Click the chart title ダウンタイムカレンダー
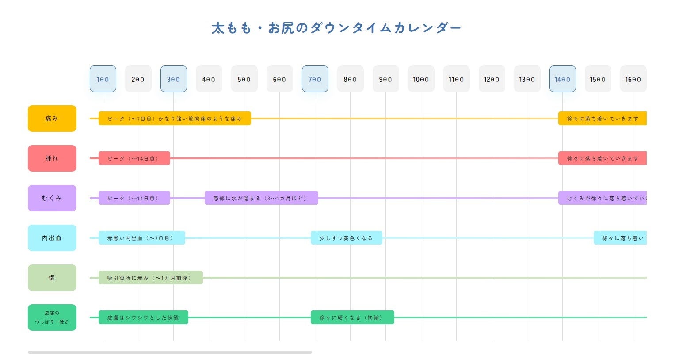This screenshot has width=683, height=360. point(336,28)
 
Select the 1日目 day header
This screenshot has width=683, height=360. point(103,79)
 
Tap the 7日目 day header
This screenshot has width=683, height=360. point(315,79)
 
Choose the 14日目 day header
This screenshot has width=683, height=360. point(562,79)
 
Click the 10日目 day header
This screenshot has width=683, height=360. point(421,79)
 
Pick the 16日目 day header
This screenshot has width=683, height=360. point(633,79)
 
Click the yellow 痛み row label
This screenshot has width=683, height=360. point(52,119)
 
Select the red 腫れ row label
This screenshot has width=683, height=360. point(52,158)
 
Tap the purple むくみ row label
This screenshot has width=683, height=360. point(52,198)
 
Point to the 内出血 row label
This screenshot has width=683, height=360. point(52,238)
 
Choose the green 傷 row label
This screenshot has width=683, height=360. point(52,278)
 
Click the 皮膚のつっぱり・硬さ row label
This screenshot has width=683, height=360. point(52,318)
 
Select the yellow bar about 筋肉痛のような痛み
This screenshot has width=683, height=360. point(175,119)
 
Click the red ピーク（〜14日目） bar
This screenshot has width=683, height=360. point(134,158)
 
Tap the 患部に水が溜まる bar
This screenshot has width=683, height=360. point(261,198)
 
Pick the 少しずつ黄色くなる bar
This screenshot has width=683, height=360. point(346,238)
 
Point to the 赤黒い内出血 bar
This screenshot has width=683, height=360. point(141,238)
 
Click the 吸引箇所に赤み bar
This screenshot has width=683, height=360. point(150,278)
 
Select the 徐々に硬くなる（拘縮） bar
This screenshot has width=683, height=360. point(352,318)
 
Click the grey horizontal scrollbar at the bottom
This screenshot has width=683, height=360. point(170,352)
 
